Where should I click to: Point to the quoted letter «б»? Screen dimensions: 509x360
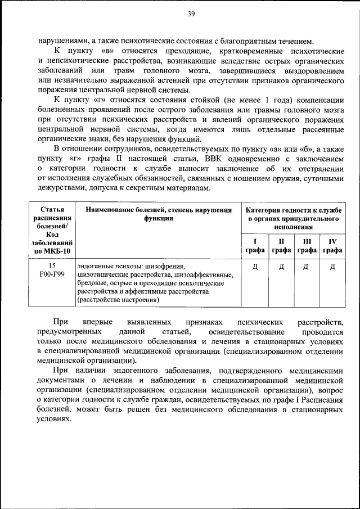point(303,149)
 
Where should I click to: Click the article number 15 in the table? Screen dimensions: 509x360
point(52,265)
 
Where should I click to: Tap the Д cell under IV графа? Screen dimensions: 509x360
point(332,266)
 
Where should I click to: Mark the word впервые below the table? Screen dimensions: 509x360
point(99,322)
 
